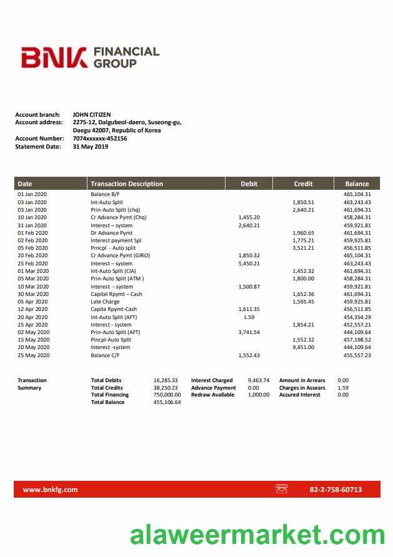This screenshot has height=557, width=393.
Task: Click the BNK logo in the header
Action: pyautogui.click(x=54, y=57)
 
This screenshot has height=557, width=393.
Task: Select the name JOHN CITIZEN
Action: pyautogui.click(x=91, y=115)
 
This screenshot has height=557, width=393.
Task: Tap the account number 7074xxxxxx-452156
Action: pyautogui.click(x=100, y=139)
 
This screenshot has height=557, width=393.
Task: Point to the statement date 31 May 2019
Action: pyautogui.click(x=90, y=147)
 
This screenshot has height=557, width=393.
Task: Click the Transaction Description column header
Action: pyautogui.click(x=127, y=184)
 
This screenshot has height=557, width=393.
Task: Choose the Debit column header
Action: pyautogui.click(x=249, y=184)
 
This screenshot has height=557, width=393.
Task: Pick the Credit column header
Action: pyautogui.click(x=303, y=184)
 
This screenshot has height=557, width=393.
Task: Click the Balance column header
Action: pyautogui.click(x=357, y=184)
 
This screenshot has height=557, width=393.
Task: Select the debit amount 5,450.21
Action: pyautogui.click(x=249, y=264)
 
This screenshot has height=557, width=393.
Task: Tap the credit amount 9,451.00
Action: pyautogui.click(x=303, y=347)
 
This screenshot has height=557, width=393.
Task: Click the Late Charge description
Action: pyautogui.click(x=105, y=302)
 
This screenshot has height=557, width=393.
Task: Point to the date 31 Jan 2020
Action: pyautogui.click(x=32, y=225)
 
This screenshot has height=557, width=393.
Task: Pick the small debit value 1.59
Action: pyautogui.click(x=249, y=317)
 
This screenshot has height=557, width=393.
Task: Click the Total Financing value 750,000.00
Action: pyautogui.click(x=167, y=395)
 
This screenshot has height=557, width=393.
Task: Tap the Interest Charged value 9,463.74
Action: pyautogui.click(x=258, y=380)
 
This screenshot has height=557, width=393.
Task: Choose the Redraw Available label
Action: pyautogui.click(x=212, y=395)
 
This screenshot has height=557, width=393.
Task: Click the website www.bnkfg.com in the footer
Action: pyautogui.click(x=50, y=490)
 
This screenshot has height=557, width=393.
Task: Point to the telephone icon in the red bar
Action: pyautogui.click(x=281, y=489)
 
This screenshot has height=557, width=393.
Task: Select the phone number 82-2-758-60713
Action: pyautogui.click(x=336, y=490)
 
